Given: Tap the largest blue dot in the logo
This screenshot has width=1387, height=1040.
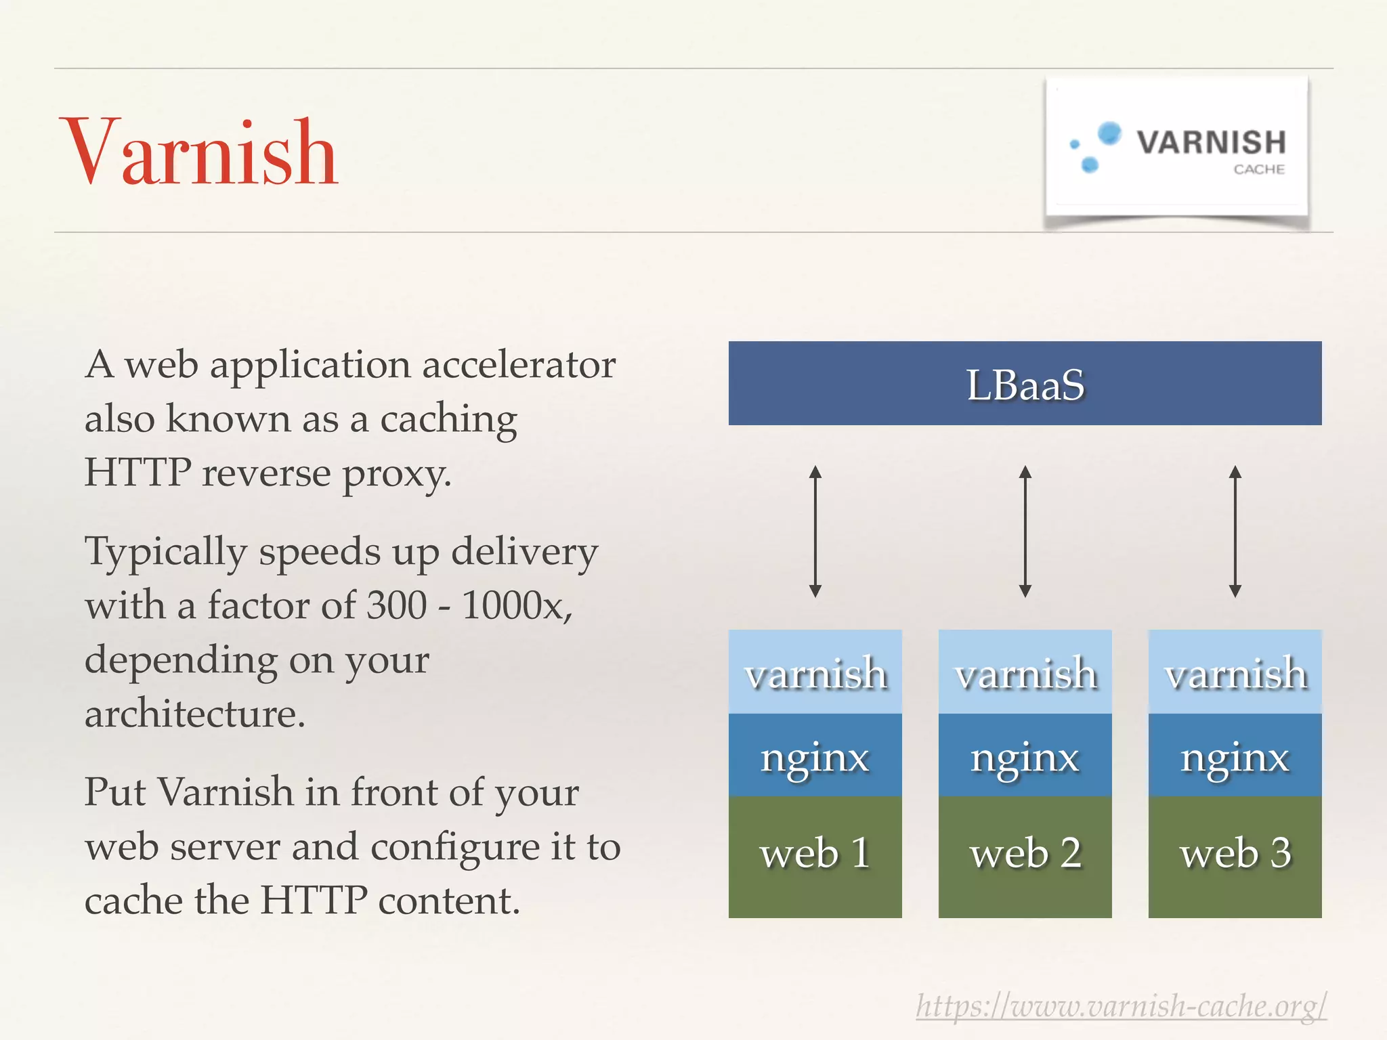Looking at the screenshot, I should pyautogui.click(x=1109, y=133).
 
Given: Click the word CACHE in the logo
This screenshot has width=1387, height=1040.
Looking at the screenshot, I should pyautogui.click(x=1258, y=169).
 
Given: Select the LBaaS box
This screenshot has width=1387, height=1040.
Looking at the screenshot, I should pyautogui.click(x=1025, y=384).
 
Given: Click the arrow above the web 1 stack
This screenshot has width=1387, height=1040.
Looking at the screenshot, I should pyautogui.click(x=815, y=531).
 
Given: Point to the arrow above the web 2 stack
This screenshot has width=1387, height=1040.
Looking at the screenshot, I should pyautogui.click(x=1025, y=531).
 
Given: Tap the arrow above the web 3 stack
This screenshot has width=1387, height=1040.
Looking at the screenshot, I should pyautogui.click(x=1235, y=531).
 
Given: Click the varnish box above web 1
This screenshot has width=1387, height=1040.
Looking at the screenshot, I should pyautogui.click(x=815, y=672).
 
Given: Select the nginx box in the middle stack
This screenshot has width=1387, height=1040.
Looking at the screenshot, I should pyautogui.click(x=1025, y=756).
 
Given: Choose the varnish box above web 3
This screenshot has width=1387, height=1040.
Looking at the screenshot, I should pyautogui.click(x=1235, y=672).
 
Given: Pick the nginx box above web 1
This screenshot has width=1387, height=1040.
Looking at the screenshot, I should pyautogui.click(x=815, y=756).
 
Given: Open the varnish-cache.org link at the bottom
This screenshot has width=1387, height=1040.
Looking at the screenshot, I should pyautogui.click(x=1121, y=1006).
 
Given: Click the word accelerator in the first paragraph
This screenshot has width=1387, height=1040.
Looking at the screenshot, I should pyautogui.click(x=519, y=364).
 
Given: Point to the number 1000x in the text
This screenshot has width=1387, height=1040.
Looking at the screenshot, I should pyautogui.click(x=516, y=605).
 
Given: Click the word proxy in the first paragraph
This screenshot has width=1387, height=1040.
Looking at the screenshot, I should pyautogui.click(x=396, y=474).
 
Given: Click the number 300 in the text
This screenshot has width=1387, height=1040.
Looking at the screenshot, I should pyautogui.click(x=396, y=605).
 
